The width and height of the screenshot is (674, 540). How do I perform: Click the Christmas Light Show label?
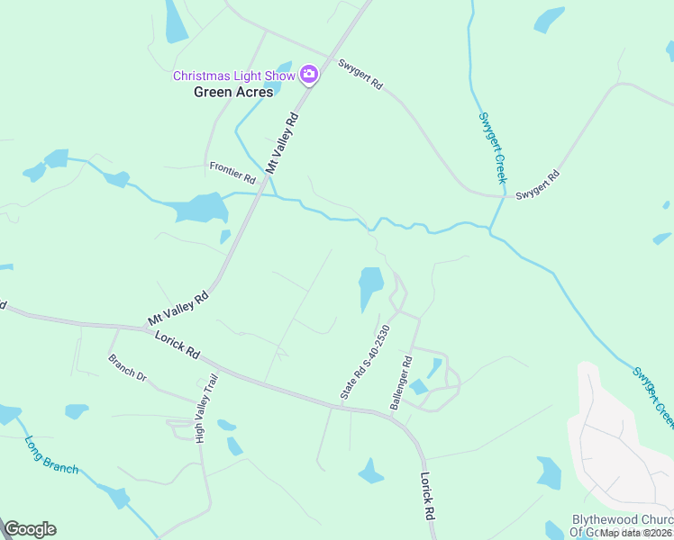point(233,76)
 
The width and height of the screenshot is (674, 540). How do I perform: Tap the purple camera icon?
point(309,74)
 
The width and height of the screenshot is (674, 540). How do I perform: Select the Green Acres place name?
point(233,92)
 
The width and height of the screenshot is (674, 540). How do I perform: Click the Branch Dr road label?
point(127,368)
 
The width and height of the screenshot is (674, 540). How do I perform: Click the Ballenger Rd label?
point(401,383)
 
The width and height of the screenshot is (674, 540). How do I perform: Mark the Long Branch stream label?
point(51,456)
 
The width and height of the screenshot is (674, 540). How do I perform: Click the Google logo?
point(30,529)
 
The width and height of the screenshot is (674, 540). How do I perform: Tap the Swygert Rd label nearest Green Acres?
point(360,74)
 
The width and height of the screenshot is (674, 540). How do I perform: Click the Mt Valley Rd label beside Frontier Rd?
point(282,143)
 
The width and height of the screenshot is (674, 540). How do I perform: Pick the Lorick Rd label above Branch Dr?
point(177,346)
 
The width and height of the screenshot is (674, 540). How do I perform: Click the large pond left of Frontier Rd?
point(200,209)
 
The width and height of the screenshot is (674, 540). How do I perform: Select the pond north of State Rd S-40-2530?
point(370,286)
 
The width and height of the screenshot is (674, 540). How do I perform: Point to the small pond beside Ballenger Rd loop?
point(435,368)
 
